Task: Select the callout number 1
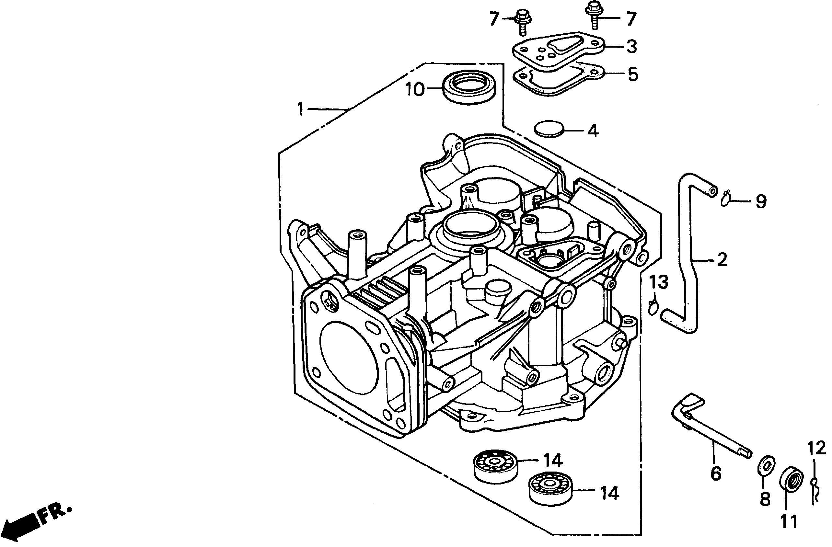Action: point(300,109)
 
